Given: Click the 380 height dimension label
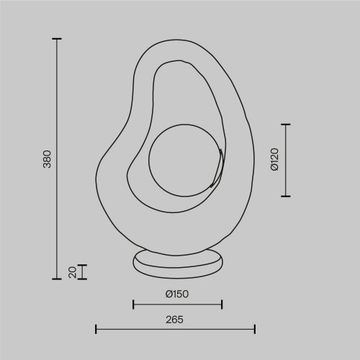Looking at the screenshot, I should pyautogui.click(x=47, y=159).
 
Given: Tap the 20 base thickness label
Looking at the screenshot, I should pyautogui.click(x=72, y=271).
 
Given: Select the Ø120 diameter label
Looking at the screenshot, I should pyautogui.click(x=274, y=160).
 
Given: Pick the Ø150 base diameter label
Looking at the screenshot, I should pyautogui.click(x=177, y=294).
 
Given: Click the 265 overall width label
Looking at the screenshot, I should pyautogui.click(x=175, y=319).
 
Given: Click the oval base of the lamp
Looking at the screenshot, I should pyautogui.click(x=177, y=263).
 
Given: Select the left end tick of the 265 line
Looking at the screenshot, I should pyautogui.click(x=96, y=329).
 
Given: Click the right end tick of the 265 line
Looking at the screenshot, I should pyautogui.click(x=255, y=329).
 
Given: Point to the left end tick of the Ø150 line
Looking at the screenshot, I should pyautogui.click(x=133, y=304).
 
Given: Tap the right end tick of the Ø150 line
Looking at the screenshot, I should pyautogui.click(x=221, y=304).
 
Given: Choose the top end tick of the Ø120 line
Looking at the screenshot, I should pyautogui.click(x=287, y=125).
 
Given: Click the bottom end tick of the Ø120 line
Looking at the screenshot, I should pyautogui.click(x=287, y=195).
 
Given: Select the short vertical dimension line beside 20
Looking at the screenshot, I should pyautogui.click(x=83, y=271).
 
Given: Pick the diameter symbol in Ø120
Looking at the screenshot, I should pyautogui.click(x=274, y=169).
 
